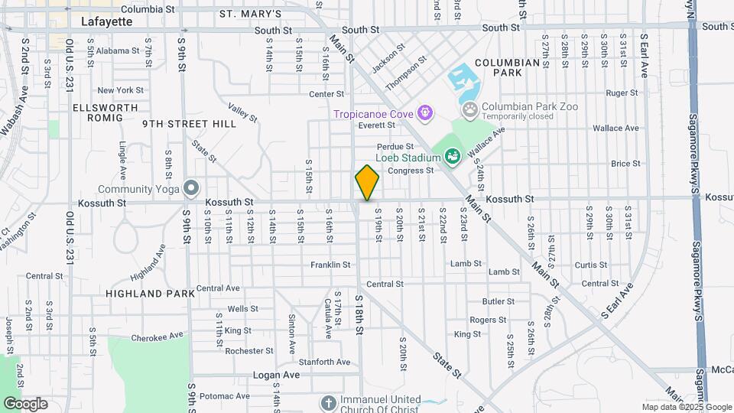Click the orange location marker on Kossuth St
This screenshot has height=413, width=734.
click(x=367, y=182)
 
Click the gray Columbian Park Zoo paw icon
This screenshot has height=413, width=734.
click(x=470, y=111)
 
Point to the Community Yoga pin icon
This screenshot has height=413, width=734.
click(x=190, y=188)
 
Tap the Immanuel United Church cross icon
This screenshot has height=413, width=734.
click(x=327, y=402)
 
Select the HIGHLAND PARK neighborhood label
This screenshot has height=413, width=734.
click(x=145, y=294)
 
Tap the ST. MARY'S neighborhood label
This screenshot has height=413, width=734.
click(x=251, y=14)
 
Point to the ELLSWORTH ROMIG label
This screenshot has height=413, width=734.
click(x=98, y=112)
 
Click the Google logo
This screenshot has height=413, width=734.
click(x=25, y=403)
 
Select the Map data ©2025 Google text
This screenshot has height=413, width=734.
click(x=685, y=407)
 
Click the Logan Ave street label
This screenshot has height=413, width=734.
click(x=282, y=376)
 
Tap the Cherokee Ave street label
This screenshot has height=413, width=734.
click(x=157, y=335)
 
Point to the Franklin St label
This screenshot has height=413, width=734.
click(x=330, y=265)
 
